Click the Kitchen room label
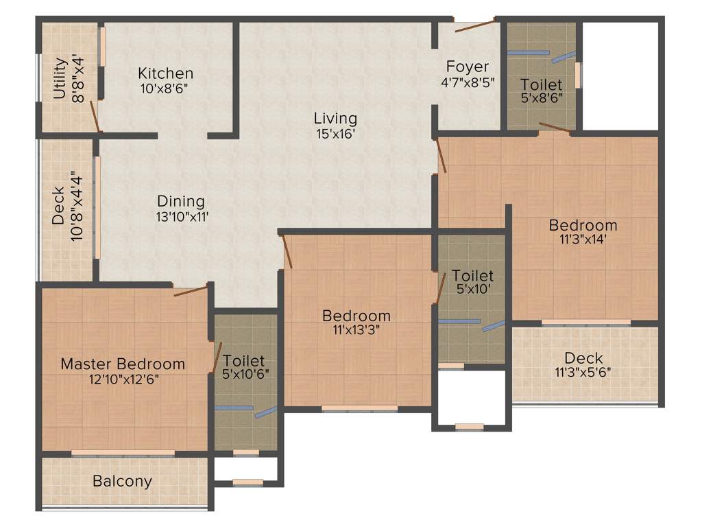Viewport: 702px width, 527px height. pos(165,73)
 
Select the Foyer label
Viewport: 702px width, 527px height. pos(468,67)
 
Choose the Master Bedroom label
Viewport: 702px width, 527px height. pos(123,364)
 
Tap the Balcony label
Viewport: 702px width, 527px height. pos(122,481)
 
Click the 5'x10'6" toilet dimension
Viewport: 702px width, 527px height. pos(244,375)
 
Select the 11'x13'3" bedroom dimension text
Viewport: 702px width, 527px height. pos(356,330)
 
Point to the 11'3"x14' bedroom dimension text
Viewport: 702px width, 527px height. pos(583,239)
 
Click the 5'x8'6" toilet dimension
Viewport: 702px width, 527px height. pos(542,99)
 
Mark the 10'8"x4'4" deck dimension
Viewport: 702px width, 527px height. pos(79,205)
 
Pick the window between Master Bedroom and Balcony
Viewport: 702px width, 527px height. pos(123,453)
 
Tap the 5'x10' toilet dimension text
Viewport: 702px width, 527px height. pos(472,290)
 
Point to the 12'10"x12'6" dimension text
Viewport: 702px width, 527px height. pos(123,379)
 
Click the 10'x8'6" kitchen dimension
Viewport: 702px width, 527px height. pos(165,88)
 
